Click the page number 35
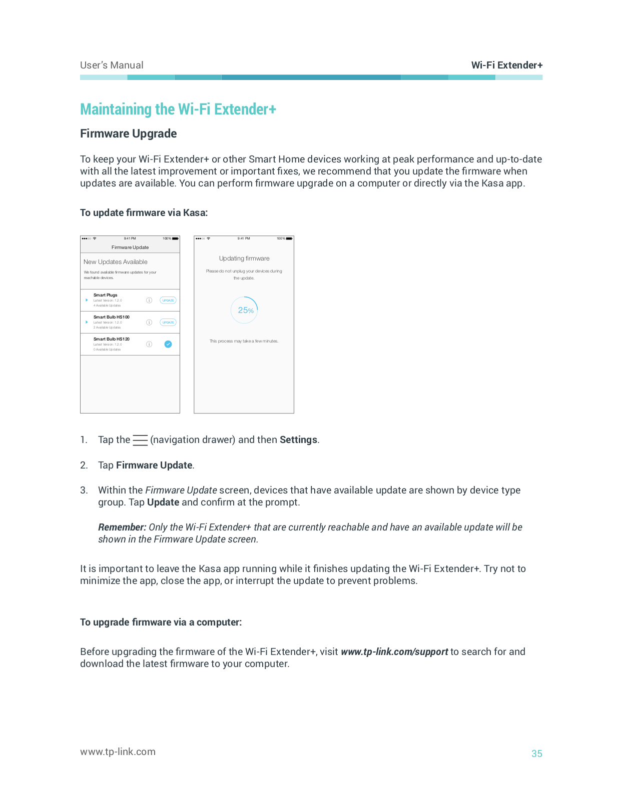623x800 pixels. tap(536, 753)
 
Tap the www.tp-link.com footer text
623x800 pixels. tap(118, 751)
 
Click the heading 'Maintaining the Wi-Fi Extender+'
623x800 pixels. tap(178, 109)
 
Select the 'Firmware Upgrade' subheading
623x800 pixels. tap(129, 133)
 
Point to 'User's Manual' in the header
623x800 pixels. tap(112, 65)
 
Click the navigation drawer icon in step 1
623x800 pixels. tap(140, 440)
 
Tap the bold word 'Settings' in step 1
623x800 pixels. tap(298, 439)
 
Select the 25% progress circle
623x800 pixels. tap(244, 310)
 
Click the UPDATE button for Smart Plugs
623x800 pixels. tap(168, 300)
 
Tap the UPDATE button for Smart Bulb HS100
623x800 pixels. tap(168, 322)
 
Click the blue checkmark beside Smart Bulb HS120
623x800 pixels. tap(168, 344)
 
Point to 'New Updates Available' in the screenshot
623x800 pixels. tap(116, 262)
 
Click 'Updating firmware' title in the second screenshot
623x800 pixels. tap(244, 258)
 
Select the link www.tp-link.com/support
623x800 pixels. tap(394, 651)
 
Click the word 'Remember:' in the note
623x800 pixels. tap(122, 527)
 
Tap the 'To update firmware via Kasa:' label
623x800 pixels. tap(144, 212)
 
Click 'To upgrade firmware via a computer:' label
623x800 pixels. tap(161, 622)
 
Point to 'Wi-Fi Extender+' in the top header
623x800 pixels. tap(506, 65)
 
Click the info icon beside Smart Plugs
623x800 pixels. tap(149, 300)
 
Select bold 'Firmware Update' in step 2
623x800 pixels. tap(154, 465)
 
